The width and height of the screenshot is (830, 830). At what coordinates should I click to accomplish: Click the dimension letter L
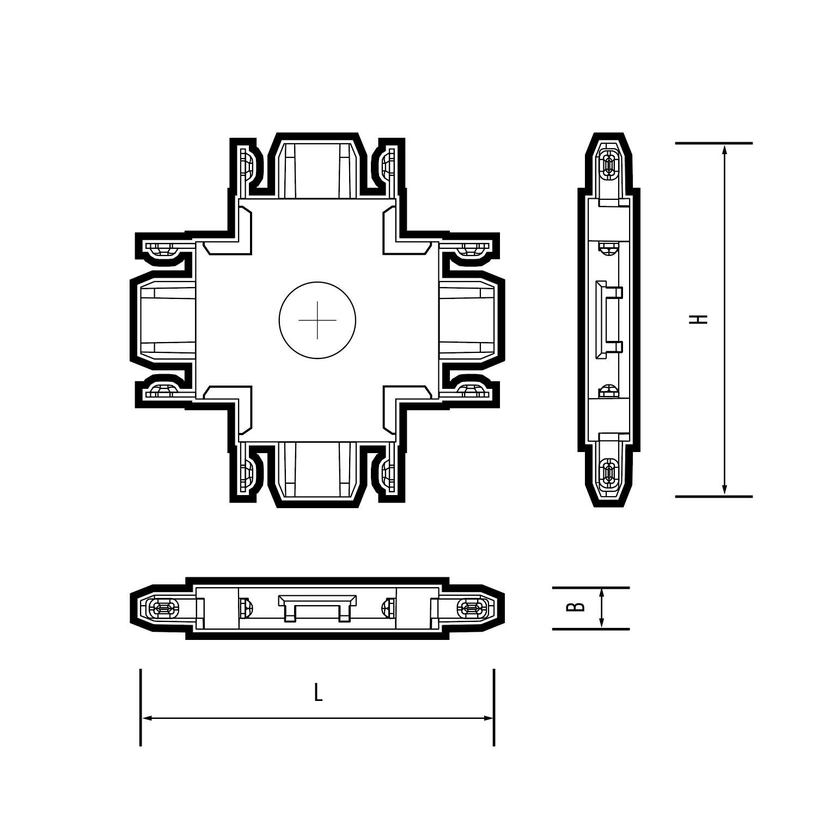pos(318,693)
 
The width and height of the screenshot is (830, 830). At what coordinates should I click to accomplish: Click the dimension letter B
pos(576,606)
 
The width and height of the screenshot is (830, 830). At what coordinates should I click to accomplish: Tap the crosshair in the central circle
pos(318,320)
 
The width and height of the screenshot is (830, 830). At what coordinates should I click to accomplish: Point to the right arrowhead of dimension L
pos(488,718)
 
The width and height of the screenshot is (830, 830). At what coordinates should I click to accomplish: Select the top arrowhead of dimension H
pos(724,150)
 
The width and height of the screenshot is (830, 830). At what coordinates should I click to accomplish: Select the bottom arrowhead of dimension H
pos(724,489)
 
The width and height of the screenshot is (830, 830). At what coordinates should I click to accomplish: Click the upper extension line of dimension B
pos(591,588)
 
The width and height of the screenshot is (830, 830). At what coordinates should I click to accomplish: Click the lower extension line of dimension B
pos(591,629)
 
